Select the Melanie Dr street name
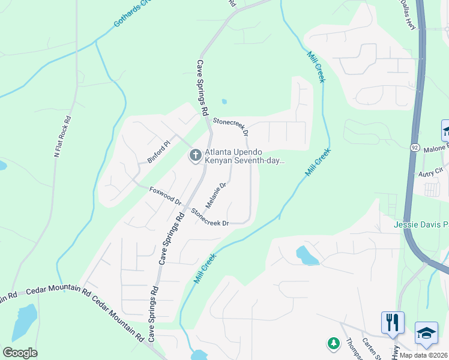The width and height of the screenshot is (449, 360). coord(215,195)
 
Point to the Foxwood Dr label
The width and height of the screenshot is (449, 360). coord(165,196)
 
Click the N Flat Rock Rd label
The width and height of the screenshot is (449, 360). coord(62,137)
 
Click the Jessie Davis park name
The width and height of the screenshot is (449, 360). coord(421,225)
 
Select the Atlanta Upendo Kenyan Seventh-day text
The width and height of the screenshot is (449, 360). coord(244,156)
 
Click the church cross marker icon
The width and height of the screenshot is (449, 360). coord(195,156)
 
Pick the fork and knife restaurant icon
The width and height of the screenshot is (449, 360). coord(393,322)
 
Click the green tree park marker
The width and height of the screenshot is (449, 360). coord(333,343)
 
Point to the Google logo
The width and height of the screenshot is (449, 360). coord(20,353)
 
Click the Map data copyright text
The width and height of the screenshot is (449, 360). coord(424,355)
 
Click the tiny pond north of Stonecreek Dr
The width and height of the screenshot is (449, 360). coord(224,101)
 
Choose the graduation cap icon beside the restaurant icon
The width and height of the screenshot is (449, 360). coord(426,333)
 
